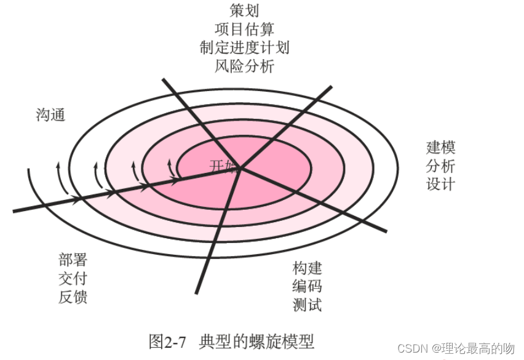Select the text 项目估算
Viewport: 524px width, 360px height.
pyautogui.click(x=244, y=28)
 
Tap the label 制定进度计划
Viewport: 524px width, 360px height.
pyautogui.click(x=244, y=47)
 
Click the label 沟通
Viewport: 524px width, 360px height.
pyautogui.click(x=50, y=115)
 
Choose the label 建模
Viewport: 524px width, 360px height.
pyautogui.click(x=440, y=148)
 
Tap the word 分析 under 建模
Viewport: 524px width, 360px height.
pyautogui.click(x=440, y=166)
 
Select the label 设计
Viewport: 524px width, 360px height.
pyautogui.click(x=440, y=184)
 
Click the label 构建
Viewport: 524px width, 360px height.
pyautogui.click(x=307, y=268)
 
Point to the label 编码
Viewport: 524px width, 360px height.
pyautogui.click(x=307, y=286)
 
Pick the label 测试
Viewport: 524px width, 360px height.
pyautogui.click(x=307, y=304)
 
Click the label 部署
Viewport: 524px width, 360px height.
pyautogui.click(x=73, y=261)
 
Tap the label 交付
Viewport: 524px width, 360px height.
pyautogui.click(x=73, y=279)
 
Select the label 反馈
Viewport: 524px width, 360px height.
pyautogui.click(x=73, y=297)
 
